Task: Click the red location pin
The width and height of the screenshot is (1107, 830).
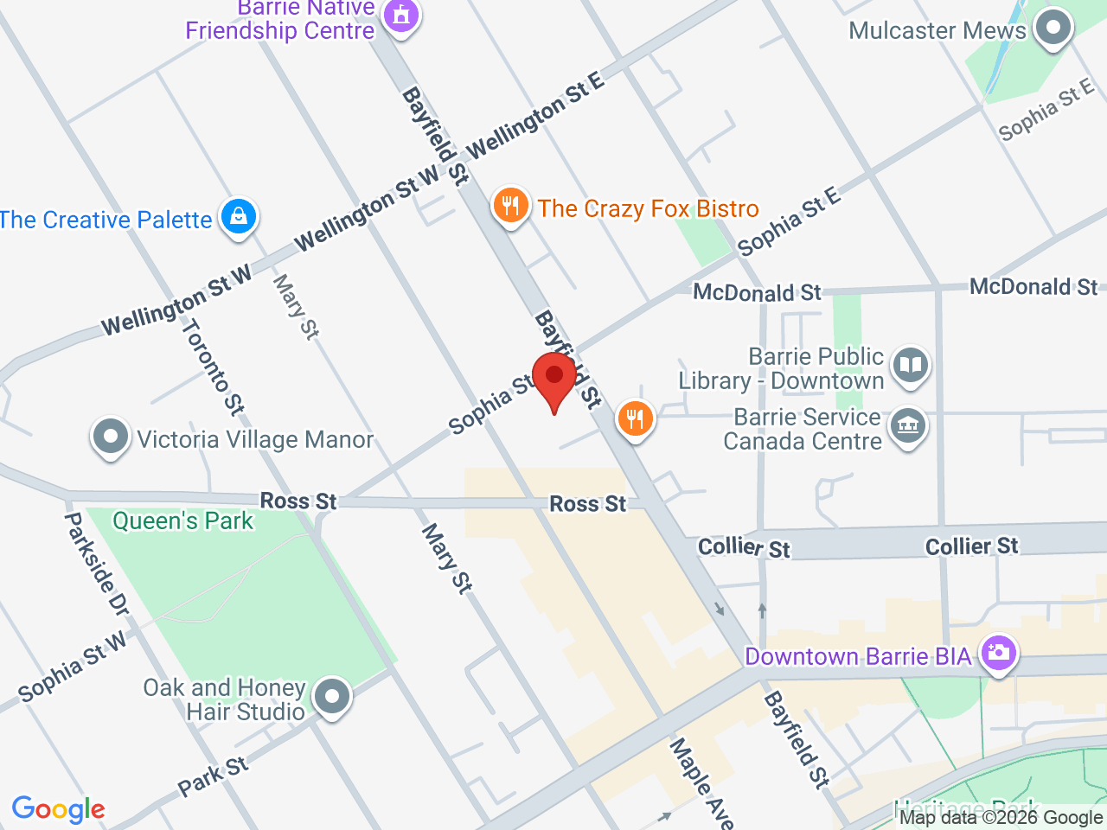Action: pyautogui.click(x=553, y=380)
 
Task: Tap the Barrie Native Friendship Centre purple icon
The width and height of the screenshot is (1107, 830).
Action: pyautogui.click(x=400, y=15)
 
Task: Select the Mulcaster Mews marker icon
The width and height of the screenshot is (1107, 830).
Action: pyautogui.click(x=1053, y=28)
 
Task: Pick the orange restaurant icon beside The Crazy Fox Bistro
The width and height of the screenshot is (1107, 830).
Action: pyautogui.click(x=510, y=206)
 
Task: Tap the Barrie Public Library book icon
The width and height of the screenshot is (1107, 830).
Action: pyautogui.click(x=909, y=365)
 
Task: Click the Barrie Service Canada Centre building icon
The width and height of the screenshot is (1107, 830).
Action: pyautogui.click(x=908, y=426)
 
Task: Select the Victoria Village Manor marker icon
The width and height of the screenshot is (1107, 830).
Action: pyautogui.click(x=111, y=437)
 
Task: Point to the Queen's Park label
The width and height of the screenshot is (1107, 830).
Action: pyautogui.click(x=183, y=520)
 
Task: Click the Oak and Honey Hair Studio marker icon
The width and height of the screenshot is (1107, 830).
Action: pyautogui.click(x=331, y=696)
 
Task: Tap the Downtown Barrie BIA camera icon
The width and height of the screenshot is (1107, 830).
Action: pyautogui.click(x=998, y=652)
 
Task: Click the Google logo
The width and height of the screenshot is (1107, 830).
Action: pyautogui.click(x=58, y=809)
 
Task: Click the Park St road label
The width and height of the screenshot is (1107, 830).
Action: pyautogui.click(x=213, y=776)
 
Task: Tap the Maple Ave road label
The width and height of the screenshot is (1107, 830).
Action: pyautogui.click(x=701, y=782)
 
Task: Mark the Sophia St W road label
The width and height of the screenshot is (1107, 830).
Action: pyautogui.click(x=73, y=666)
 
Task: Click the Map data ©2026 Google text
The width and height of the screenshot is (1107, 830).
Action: pyautogui.click(x=1001, y=817)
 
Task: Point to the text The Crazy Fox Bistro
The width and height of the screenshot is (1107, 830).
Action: pyautogui.click(x=648, y=208)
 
